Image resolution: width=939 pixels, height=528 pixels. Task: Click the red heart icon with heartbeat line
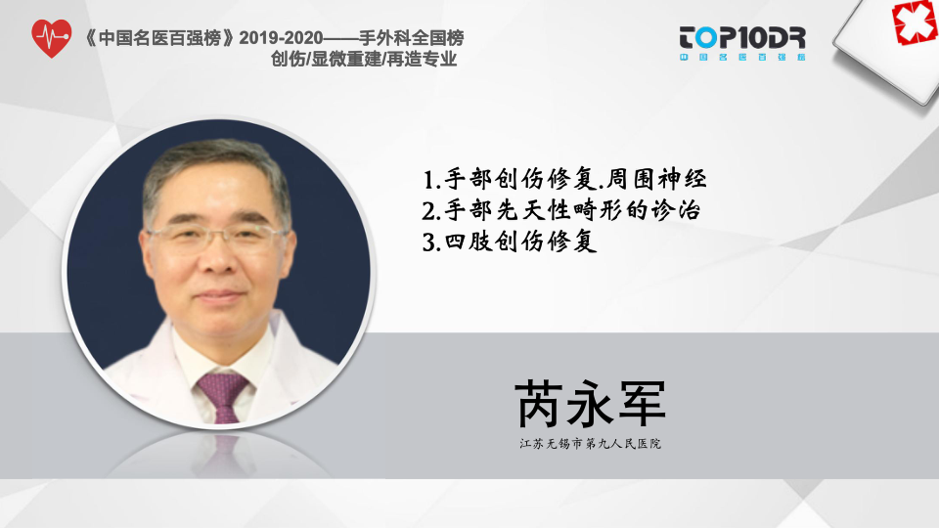pos(52,38)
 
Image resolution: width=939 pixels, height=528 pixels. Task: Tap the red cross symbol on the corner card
pos(916,22)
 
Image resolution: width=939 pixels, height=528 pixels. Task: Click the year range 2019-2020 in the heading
pos(281,38)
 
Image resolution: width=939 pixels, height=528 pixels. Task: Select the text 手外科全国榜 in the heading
pos(412,38)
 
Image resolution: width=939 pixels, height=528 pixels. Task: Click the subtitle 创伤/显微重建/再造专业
pos(364,60)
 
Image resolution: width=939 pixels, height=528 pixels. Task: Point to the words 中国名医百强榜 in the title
pos(159,38)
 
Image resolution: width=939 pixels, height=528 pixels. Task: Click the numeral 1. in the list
pos(432,180)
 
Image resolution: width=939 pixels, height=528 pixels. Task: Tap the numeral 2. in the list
pos(431,211)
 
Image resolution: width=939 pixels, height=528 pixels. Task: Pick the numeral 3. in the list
pos(431,242)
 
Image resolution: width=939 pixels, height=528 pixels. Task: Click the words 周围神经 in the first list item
pos(657,179)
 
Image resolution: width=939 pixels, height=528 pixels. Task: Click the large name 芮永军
pos(591,404)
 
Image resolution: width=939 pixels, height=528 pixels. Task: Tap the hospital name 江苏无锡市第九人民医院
pos(590,444)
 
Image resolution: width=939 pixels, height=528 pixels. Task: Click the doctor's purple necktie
pos(223,395)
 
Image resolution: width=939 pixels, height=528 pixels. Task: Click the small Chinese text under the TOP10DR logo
pos(742,58)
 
